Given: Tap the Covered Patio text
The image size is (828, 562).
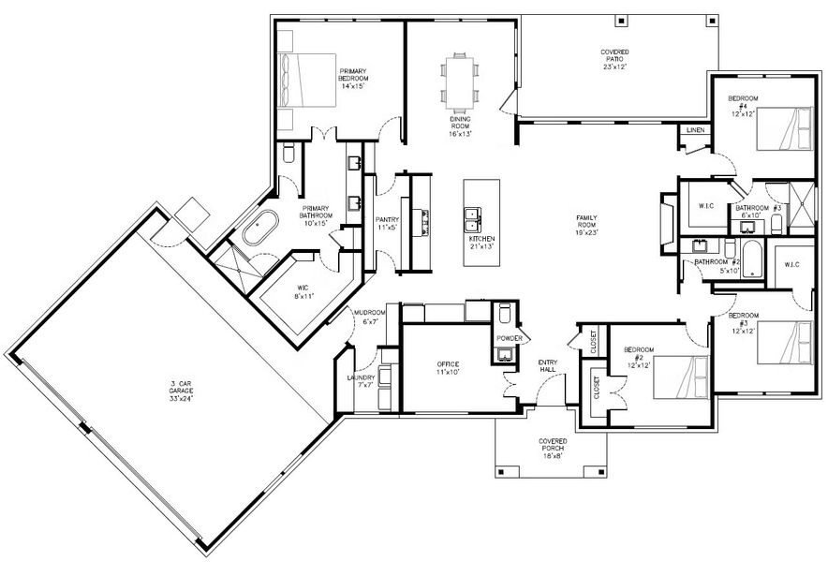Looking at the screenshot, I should (x=614, y=58).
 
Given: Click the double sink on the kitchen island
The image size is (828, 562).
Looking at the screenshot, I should (x=474, y=220).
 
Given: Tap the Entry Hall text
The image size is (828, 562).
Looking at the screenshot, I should (x=548, y=366).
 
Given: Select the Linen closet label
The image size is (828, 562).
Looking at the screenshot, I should (x=695, y=130).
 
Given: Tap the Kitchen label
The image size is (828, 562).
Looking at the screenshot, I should (x=481, y=244).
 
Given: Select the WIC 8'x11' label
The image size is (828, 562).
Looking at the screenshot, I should (x=303, y=290).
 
